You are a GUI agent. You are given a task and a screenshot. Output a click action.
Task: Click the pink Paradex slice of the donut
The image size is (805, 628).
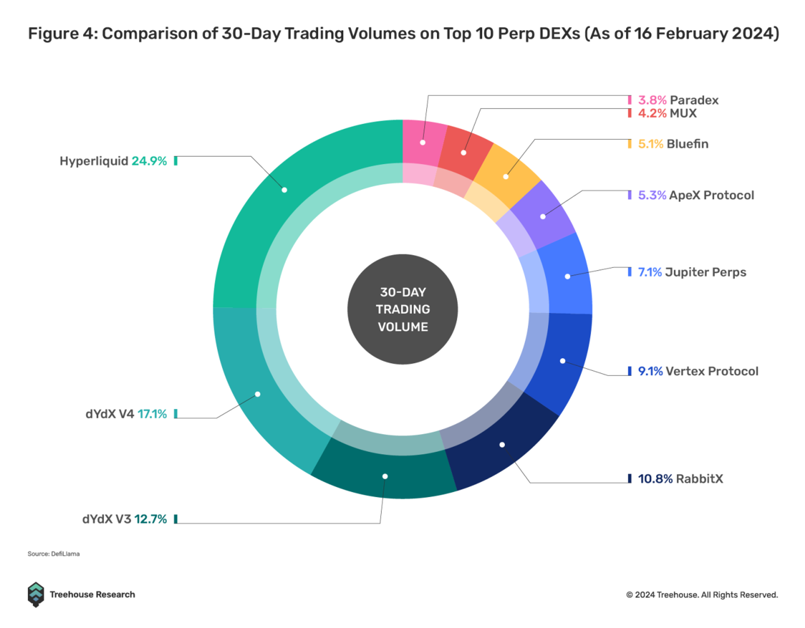[x=423, y=137]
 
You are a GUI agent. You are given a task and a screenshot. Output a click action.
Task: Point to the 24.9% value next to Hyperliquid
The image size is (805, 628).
[x=149, y=161]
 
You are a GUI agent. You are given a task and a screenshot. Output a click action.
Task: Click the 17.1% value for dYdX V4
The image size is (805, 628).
[x=152, y=414]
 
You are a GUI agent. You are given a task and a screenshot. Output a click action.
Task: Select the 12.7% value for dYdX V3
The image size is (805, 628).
[x=151, y=519]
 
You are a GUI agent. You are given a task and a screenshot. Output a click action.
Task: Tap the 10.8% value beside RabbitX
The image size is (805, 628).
[x=655, y=479]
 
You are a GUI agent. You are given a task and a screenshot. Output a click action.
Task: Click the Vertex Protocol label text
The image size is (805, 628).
[x=712, y=371]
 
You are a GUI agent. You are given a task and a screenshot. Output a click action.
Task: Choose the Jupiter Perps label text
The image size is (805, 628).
[x=705, y=272]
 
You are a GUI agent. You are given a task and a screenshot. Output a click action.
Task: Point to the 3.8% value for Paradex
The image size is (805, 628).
[x=652, y=100]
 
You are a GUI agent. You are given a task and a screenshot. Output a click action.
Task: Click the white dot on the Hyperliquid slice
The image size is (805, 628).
[x=284, y=190]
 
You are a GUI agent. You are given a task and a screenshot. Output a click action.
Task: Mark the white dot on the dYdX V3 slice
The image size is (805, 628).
[x=385, y=476]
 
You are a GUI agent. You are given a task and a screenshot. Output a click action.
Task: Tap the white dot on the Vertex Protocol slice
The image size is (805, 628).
[x=563, y=361]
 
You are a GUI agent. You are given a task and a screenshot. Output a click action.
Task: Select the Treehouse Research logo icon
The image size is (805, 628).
[x=36, y=594]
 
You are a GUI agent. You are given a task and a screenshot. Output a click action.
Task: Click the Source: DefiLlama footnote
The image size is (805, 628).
[x=54, y=554]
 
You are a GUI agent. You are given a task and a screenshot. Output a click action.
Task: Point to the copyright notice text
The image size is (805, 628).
[x=702, y=595]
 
